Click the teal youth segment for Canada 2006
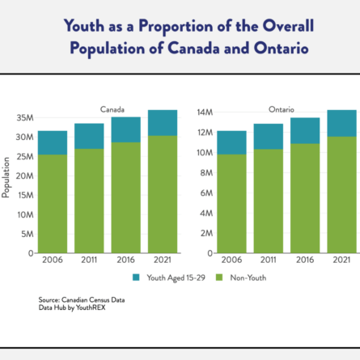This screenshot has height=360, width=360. [x=53, y=142]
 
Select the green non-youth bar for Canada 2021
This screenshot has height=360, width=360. [x=163, y=194]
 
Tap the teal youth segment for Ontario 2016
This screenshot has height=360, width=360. [x=305, y=131]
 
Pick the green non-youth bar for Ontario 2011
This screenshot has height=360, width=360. [x=269, y=201]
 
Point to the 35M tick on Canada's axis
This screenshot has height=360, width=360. [x=25, y=118]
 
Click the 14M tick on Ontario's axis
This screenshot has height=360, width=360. [x=205, y=112]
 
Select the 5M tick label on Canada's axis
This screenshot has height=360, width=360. [x=28, y=234]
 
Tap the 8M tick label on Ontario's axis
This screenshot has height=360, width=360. [x=206, y=172]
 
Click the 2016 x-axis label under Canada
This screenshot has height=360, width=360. [x=125, y=260]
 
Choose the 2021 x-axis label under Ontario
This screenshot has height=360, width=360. [x=341, y=260]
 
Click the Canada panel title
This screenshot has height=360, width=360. [x=112, y=109]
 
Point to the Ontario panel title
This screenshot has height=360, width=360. [x=282, y=109]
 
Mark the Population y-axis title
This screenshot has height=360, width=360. [x=6, y=178]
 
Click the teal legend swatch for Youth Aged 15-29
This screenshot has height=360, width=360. [x=136, y=277]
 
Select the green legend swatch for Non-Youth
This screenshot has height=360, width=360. [x=219, y=277]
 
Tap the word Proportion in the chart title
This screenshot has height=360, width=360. [x=176, y=27]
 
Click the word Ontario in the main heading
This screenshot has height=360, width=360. [x=281, y=49]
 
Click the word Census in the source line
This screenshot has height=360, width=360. [x=100, y=300]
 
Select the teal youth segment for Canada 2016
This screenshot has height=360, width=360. [x=126, y=129]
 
